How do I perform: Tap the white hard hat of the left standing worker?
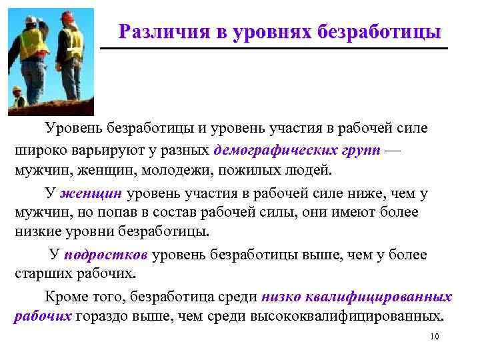pyautogui.click(x=30, y=21)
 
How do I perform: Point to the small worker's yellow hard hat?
pyautogui.click(x=17, y=89)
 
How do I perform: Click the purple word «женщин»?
pyautogui.click(x=91, y=194)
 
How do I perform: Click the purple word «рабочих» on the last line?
pyautogui.click(x=43, y=316)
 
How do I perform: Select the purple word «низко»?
pyautogui.click(x=285, y=296)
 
